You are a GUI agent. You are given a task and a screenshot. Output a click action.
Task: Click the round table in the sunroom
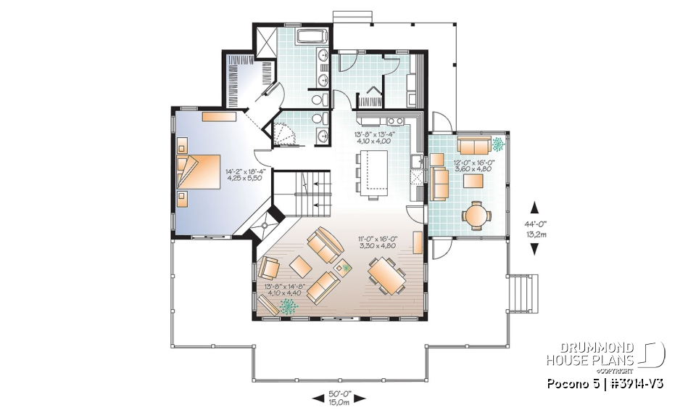click(x=476, y=214)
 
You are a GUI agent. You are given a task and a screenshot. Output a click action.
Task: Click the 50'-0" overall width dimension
click(x=339, y=397)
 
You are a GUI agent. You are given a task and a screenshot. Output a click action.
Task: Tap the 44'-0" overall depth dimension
click(x=536, y=228)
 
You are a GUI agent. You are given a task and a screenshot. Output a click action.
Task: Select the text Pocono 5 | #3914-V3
click(x=606, y=383)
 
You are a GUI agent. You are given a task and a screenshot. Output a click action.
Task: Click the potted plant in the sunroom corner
click(x=499, y=144)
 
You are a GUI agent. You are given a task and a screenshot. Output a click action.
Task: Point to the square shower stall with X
click(x=265, y=38)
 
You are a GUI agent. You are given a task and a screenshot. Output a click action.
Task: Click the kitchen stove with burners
click(x=395, y=121)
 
